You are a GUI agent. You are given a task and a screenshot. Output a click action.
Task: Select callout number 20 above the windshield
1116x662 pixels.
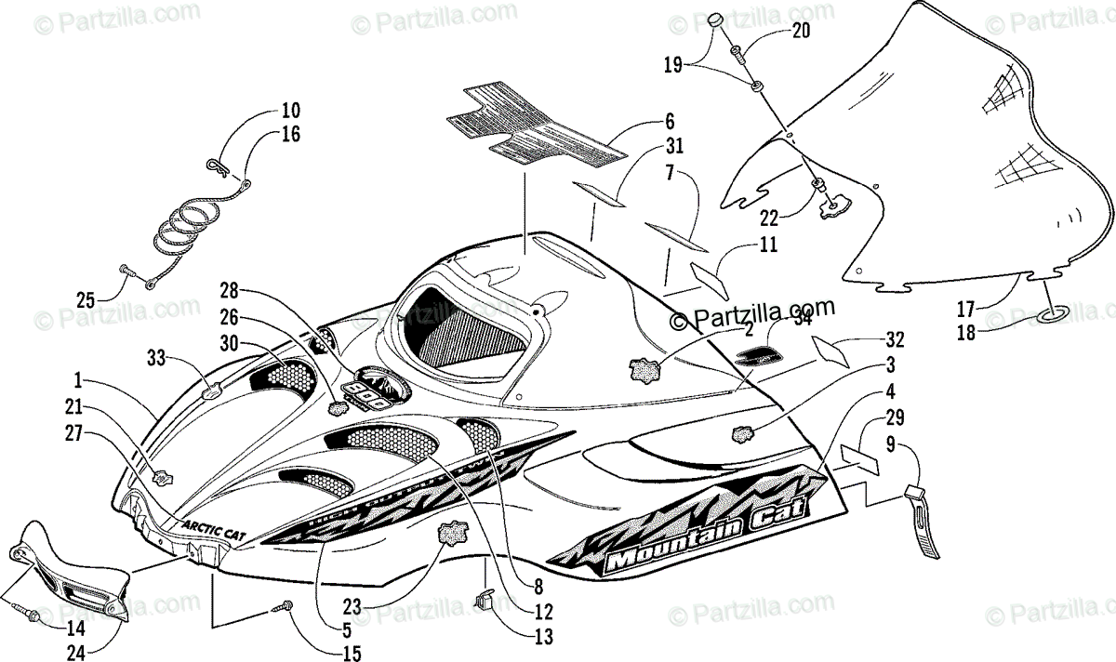(801, 31)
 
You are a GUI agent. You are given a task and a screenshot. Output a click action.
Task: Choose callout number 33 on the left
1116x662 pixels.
(156, 355)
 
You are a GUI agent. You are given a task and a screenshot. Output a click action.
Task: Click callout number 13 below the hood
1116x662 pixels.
(543, 638)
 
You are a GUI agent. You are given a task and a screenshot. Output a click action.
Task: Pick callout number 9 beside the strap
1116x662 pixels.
(890, 444)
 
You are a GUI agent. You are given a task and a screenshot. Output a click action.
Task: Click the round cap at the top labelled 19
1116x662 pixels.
(713, 21)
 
